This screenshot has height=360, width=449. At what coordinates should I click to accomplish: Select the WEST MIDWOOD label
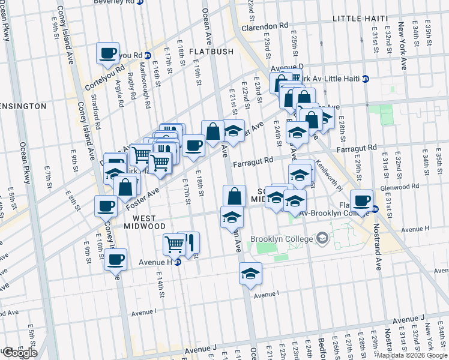144,221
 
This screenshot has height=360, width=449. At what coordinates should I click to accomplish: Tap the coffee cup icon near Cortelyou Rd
108,53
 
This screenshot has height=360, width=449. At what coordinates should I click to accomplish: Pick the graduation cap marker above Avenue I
250,274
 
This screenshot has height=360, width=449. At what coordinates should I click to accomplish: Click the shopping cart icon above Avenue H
174,243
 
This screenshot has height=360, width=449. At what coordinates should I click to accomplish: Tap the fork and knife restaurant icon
190,242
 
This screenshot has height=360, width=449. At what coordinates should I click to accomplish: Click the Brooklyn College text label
282,239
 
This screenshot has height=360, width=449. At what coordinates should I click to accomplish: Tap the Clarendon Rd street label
265,26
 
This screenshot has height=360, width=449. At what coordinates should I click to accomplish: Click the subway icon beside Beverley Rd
140,2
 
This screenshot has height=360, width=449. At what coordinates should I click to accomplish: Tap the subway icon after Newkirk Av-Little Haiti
365,79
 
